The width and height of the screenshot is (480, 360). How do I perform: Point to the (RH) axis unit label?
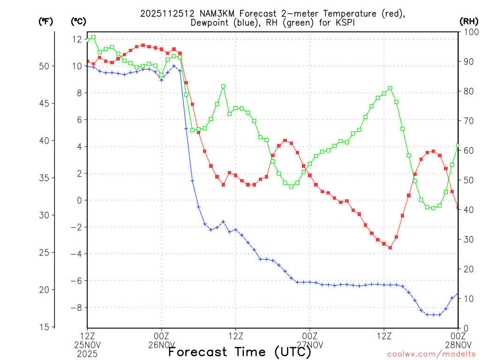tap(468, 21)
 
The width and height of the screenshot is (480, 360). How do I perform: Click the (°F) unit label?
tap(46, 21)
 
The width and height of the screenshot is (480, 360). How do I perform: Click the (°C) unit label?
tap(78, 21)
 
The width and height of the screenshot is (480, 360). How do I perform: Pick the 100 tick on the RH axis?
tap(467, 31)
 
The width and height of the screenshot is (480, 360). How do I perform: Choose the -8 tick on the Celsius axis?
tap(76, 308)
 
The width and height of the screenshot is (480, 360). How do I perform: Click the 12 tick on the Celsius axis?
tap(77, 39)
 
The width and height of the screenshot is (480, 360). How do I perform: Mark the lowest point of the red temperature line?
tap(390, 247)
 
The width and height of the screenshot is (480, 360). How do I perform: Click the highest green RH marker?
tap(93, 37)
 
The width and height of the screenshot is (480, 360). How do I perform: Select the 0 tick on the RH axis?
tap(465, 328)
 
